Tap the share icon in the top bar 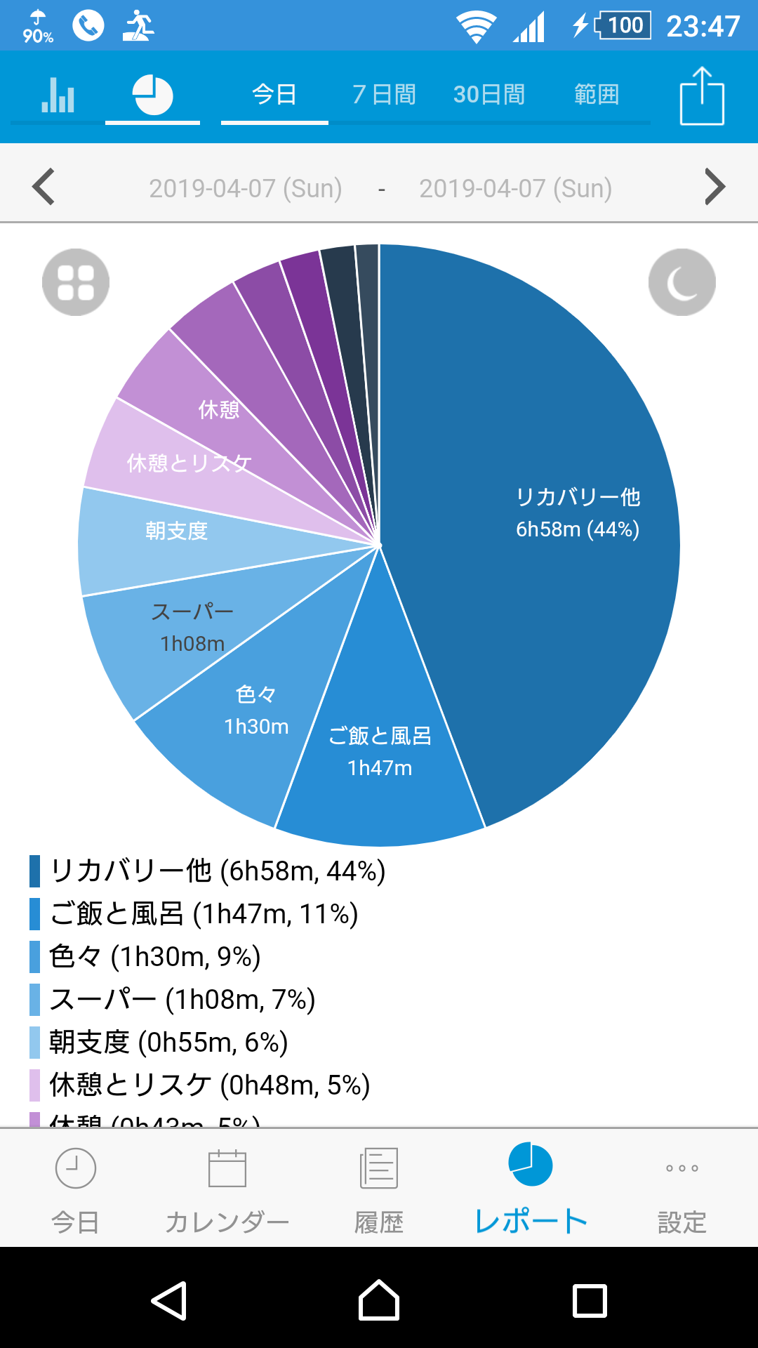click(x=702, y=95)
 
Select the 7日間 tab click(x=384, y=94)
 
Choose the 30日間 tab click(x=489, y=94)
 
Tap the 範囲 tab click(x=597, y=94)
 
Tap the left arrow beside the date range click(x=44, y=187)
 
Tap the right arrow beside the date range click(x=714, y=187)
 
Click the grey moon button click(x=681, y=282)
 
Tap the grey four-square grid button click(x=76, y=282)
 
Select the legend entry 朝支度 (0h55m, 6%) click(x=168, y=1043)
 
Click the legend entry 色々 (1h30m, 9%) click(x=155, y=957)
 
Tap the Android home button click(x=379, y=1300)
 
